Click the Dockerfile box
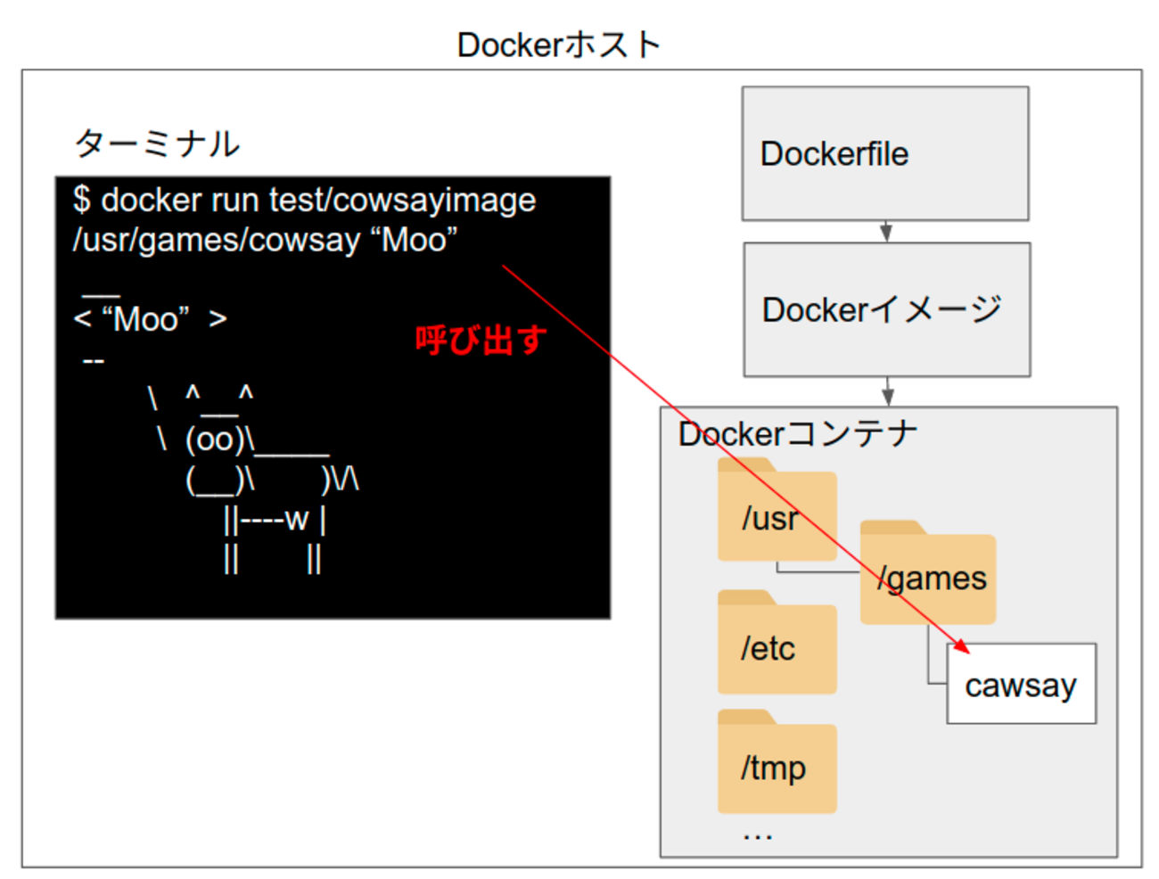[x=884, y=153]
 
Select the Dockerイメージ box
[x=886, y=309]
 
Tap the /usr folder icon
[x=777, y=513]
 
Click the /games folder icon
[x=927, y=575]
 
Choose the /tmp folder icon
[x=777, y=765]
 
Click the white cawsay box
[x=1021, y=685]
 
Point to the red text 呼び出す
[x=481, y=340]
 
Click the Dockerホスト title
[x=558, y=45]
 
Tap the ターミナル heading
[x=157, y=143]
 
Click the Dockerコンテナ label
[x=797, y=434]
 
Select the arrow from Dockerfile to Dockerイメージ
[x=885, y=232]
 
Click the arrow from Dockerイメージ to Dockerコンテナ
[x=887, y=390]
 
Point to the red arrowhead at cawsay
[x=961, y=645]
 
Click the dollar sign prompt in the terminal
[x=82, y=200]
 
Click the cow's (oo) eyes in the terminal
[x=215, y=439]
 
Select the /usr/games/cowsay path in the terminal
[x=217, y=240]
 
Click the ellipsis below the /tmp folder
[x=757, y=835]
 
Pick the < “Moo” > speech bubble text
[x=150, y=318]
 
